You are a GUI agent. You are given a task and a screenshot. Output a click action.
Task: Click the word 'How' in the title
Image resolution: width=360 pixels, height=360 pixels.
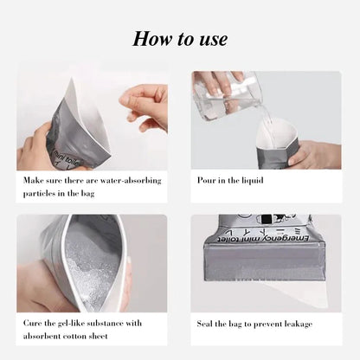pos(148,39)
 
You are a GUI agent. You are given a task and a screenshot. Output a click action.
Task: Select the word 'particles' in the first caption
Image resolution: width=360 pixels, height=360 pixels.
pos(42,193)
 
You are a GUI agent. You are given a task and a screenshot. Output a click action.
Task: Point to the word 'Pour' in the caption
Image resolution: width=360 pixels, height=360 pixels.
pos(206,181)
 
